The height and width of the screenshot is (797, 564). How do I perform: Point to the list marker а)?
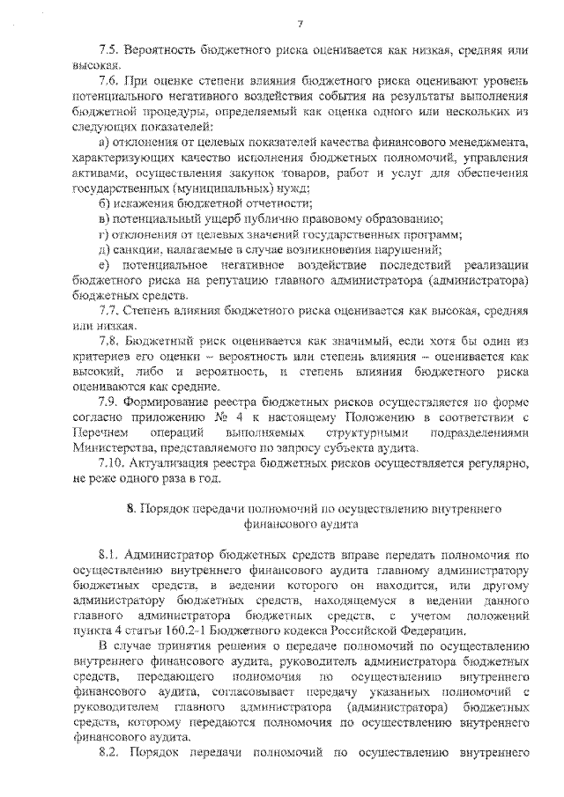pyautogui.click(x=103, y=143)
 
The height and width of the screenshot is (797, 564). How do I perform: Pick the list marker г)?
pyautogui.click(x=103, y=234)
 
